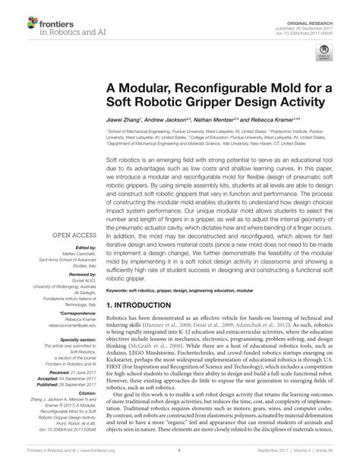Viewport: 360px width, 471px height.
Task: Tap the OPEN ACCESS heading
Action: pyautogui.click(x=74, y=235)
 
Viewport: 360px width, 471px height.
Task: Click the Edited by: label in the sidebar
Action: pyautogui.click(x=84, y=248)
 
